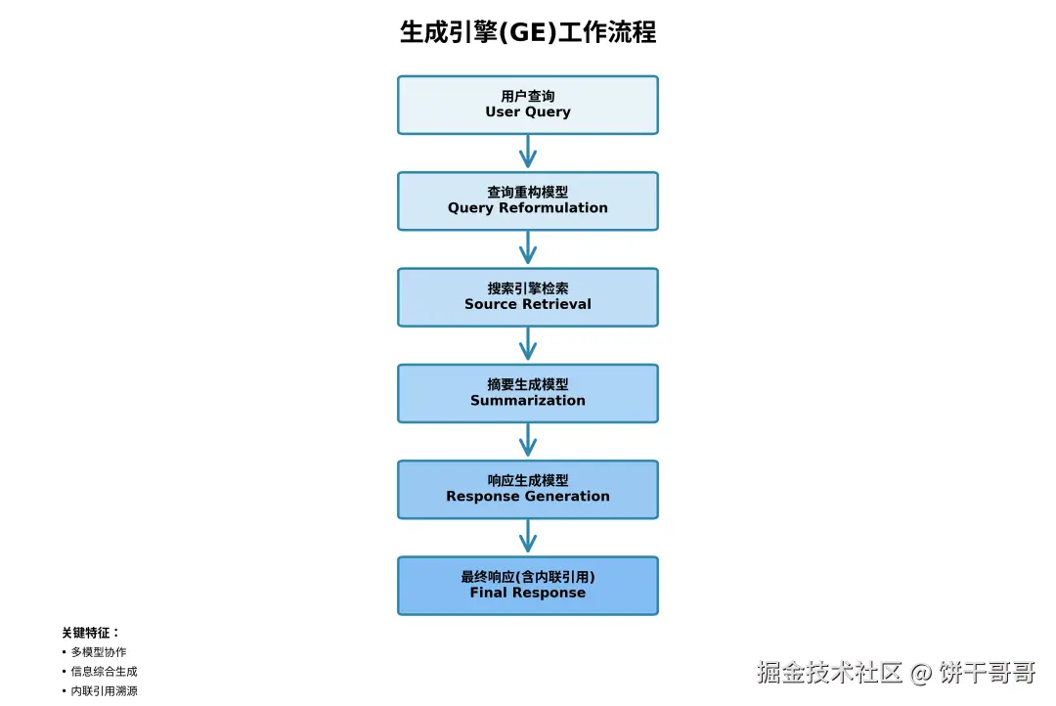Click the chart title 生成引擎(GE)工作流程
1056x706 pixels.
pyautogui.click(x=528, y=32)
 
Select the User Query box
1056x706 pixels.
pyautogui.click(x=528, y=105)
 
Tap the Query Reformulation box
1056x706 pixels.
pyautogui.click(x=528, y=200)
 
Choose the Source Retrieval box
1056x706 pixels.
pyautogui.click(x=528, y=296)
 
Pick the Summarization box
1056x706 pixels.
pyautogui.click(x=528, y=393)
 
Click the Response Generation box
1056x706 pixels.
pyautogui.click(x=528, y=489)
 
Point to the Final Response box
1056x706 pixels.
pyautogui.click(x=528, y=585)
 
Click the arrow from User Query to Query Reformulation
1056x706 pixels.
pyautogui.click(x=528, y=152)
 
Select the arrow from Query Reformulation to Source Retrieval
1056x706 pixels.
pyautogui.click(x=528, y=247)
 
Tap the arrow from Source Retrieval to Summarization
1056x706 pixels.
pyautogui.click(x=528, y=344)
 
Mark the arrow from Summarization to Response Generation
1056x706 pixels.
pyautogui.click(x=528, y=440)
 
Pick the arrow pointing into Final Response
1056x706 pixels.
pyautogui.click(x=528, y=536)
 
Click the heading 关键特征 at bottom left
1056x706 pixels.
pyautogui.click(x=90, y=633)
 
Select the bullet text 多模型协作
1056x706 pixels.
pyautogui.click(x=98, y=652)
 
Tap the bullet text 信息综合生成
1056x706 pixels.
pyautogui.click(x=104, y=672)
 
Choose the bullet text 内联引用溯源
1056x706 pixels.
pyautogui.click(x=104, y=691)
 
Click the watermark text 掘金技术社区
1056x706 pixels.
pyautogui.click(x=829, y=672)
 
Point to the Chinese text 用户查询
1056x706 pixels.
pyautogui.click(x=528, y=96)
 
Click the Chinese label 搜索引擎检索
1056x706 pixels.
pyautogui.click(x=528, y=288)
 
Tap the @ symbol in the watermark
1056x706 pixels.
pyautogui.click(x=921, y=673)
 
